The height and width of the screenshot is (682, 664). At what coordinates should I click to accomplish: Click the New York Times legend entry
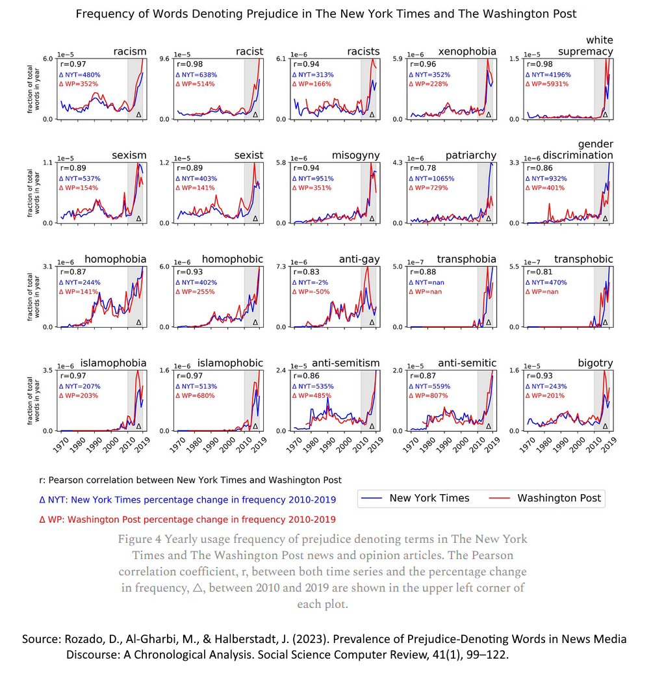click(429, 498)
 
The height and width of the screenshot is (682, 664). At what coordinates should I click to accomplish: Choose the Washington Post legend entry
click(559, 498)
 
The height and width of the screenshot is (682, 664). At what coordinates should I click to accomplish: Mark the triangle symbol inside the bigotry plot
click(605, 426)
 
